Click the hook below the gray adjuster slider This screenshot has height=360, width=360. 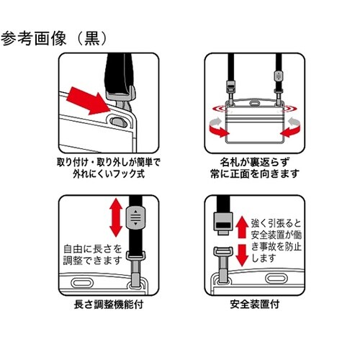pos(135,266)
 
